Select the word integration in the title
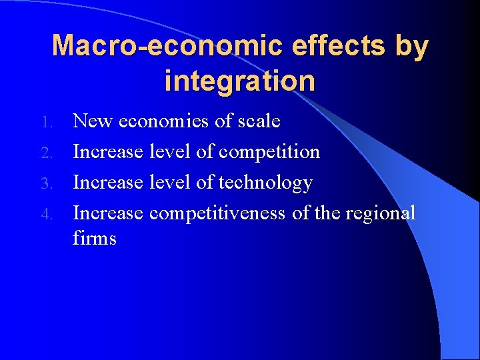click(x=240, y=81)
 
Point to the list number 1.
click(x=46, y=122)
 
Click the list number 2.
click(x=46, y=153)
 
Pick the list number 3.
click(x=46, y=183)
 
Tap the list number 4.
click(x=46, y=214)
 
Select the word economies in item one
click(x=163, y=121)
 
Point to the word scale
click(x=257, y=121)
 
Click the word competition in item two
click(x=269, y=152)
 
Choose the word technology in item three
click(x=265, y=182)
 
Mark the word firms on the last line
click(x=95, y=238)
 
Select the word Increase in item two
click(x=108, y=151)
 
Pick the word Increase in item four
click(x=108, y=213)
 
